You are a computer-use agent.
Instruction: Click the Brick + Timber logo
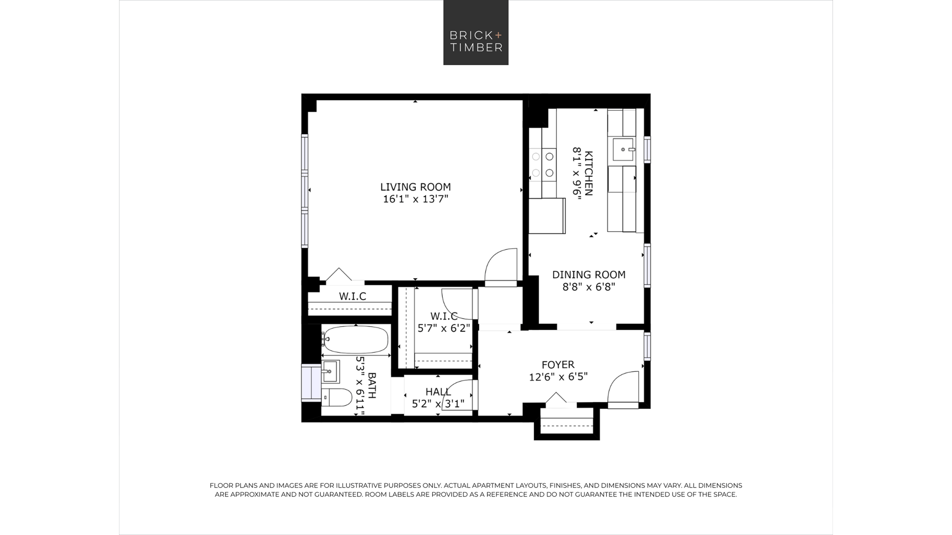pos(476,32)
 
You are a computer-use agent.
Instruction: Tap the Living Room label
pos(416,187)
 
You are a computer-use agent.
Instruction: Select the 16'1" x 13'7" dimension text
pos(416,199)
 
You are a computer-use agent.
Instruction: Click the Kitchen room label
pos(589,174)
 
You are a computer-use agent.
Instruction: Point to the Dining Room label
pos(589,274)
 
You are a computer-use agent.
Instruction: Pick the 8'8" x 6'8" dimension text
pos(589,287)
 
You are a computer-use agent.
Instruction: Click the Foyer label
pos(558,365)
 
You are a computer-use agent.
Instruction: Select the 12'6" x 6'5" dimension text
pos(558,377)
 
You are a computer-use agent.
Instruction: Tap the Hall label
pos(438,392)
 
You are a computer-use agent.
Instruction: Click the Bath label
pos(372,385)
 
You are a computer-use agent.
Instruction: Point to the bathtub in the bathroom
pos(356,340)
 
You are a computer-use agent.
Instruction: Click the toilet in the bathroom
pos(337,398)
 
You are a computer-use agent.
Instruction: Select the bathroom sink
pos(330,371)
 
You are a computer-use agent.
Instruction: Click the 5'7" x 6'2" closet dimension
pos(444,328)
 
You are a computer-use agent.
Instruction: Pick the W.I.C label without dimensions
pos(353,296)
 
